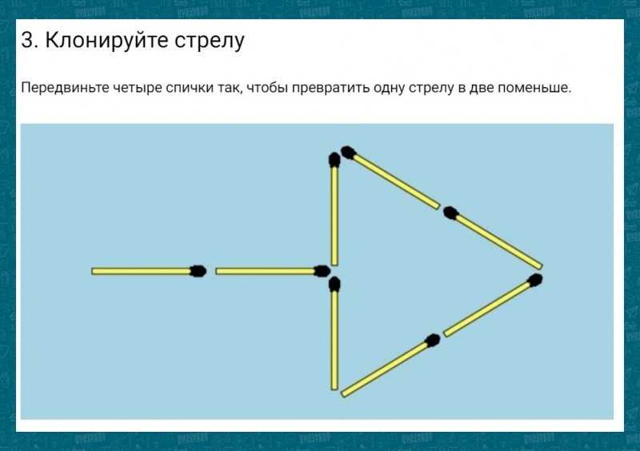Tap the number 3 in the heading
tap(28, 40)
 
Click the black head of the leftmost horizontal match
tap(198, 271)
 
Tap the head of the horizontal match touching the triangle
tap(322, 270)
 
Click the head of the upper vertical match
tap(334, 160)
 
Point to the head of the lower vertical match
tap(334, 284)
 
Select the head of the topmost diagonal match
tap(349, 153)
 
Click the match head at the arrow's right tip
tap(534, 281)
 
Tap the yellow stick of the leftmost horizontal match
tap(142, 271)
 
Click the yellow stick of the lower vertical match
tap(334, 341)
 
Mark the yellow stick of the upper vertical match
tap(334, 216)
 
